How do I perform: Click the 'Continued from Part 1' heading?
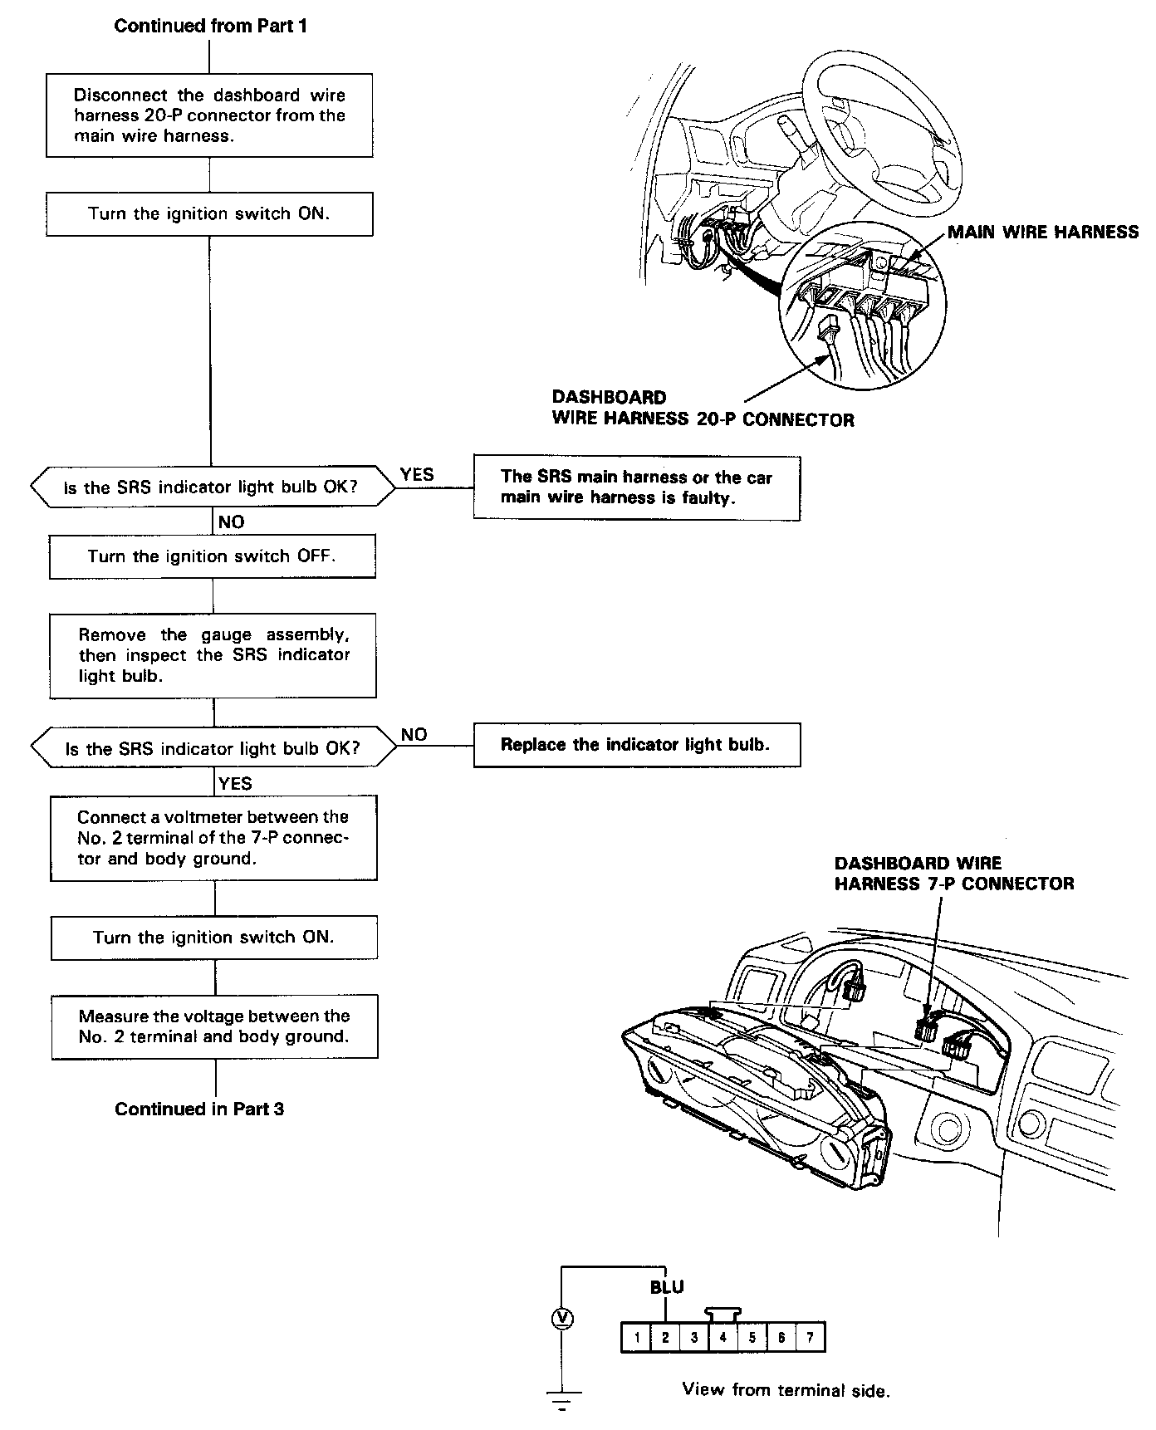coord(210,26)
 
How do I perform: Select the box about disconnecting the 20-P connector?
coord(209,115)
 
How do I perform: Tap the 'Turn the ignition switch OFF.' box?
coord(212,556)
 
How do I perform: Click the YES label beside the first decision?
coord(417,474)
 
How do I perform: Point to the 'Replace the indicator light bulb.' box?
coord(636,745)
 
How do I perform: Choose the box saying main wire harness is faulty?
coord(636,487)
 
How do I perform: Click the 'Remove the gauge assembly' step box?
coord(213,655)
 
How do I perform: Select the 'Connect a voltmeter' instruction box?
coord(214,838)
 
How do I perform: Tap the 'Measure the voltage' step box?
coord(214,1026)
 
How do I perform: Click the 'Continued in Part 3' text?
coord(199,1109)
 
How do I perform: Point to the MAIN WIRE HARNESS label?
coord(1043,233)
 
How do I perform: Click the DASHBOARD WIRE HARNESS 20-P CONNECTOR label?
coord(703,409)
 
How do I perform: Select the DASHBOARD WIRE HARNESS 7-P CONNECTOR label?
coord(953,874)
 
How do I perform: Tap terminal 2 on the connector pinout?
coord(665,1337)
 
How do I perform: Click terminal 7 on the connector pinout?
coord(810,1337)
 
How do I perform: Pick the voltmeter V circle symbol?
coord(562,1318)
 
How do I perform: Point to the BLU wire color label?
coord(667,1288)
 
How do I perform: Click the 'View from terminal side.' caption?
coord(786,1390)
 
